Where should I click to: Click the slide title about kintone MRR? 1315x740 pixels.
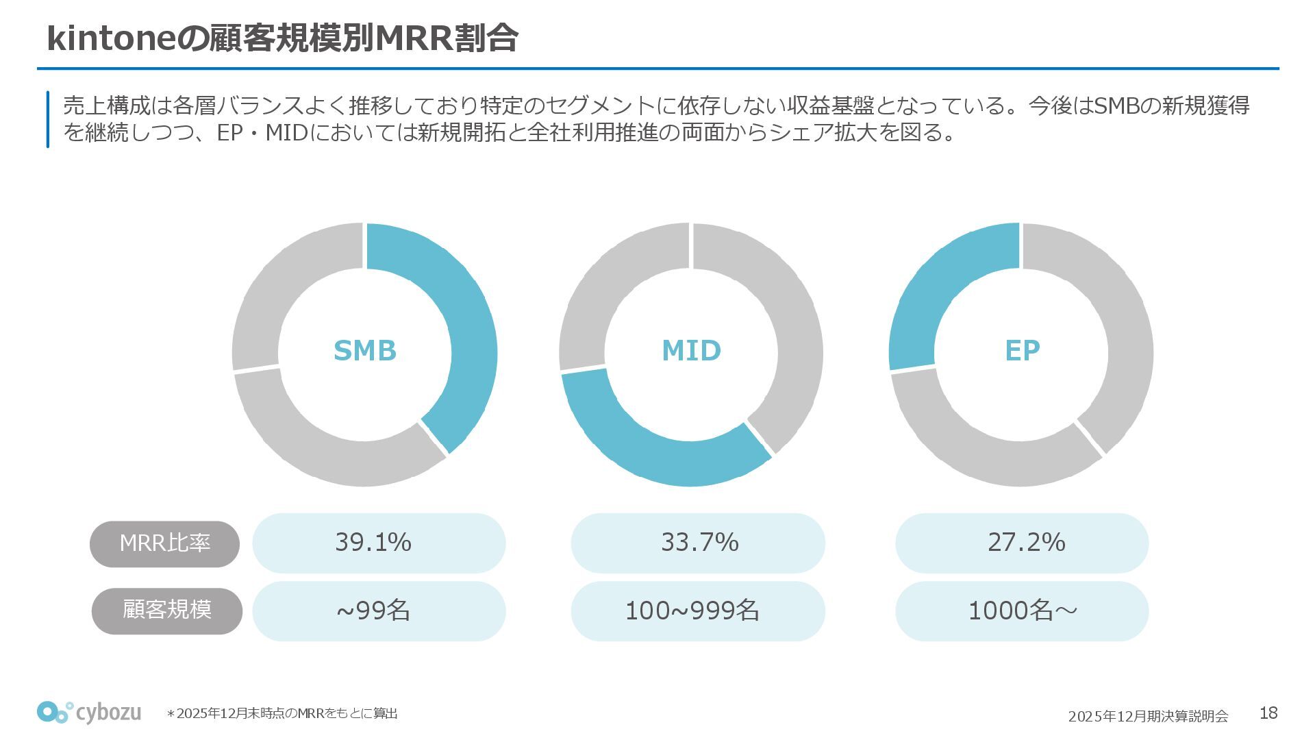click(282, 38)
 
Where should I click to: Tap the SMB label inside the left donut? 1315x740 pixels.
click(364, 351)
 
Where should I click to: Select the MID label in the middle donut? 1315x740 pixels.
click(691, 351)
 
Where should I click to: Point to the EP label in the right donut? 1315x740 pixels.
click(1022, 351)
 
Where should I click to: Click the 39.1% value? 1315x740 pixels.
click(373, 543)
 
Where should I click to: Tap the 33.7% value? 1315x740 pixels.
click(699, 543)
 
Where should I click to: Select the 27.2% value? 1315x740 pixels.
click(1026, 543)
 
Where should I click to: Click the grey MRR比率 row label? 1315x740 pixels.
click(165, 543)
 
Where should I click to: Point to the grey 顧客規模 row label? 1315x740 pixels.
click(167, 610)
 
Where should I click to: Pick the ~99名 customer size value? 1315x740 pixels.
click(373, 610)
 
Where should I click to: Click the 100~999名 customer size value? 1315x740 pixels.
click(692, 610)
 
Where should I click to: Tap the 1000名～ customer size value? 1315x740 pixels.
click(1022, 610)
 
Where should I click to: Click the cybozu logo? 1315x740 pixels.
click(89, 713)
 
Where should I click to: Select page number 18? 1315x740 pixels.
click(1268, 713)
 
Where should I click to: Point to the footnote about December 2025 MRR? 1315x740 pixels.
click(282, 714)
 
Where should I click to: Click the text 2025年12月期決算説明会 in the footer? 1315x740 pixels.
click(1148, 716)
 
